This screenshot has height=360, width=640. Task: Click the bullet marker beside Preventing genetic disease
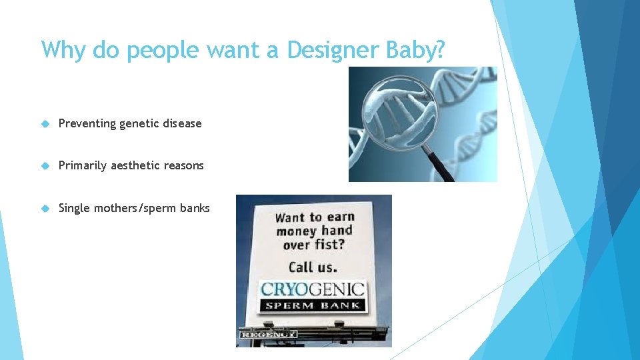(x=45, y=123)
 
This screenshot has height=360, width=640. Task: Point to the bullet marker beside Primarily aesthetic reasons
(x=45, y=165)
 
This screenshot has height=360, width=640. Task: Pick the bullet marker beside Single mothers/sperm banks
(x=45, y=208)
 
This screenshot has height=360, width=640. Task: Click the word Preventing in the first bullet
(x=87, y=123)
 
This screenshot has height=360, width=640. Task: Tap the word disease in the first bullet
(x=181, y=123)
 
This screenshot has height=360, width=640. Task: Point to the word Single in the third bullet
(x=74, y=208)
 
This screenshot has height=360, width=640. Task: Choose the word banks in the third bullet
(x=194, y=208)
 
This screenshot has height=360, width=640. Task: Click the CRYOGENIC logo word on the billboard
(x=313, y=289)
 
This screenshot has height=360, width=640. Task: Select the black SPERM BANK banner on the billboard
(x=313, y=305)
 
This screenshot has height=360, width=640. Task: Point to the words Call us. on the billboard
(x=313, y=267)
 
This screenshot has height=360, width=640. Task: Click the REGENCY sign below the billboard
(x=268, y=334)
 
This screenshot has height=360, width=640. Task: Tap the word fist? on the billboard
(x=331, y=245)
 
